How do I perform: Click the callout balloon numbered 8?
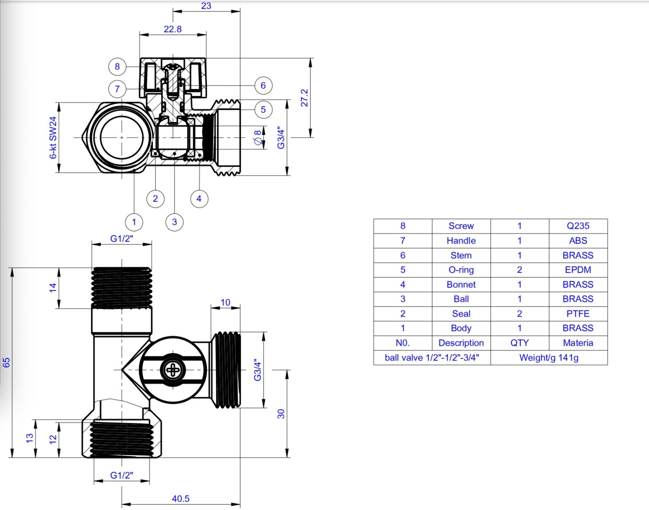point(117,66)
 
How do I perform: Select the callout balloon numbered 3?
point(175,222)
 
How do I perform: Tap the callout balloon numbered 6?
point(263,86)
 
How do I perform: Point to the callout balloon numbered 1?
point(134,222)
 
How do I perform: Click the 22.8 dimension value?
point(173,29)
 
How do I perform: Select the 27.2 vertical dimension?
point(305,98)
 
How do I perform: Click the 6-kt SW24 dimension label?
point(53,138)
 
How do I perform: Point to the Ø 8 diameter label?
point(257,138)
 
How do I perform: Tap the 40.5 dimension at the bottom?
point(180,499)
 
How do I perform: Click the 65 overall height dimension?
point(7,362)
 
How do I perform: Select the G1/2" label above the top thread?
point(122,239)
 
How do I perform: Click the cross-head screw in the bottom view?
point(173,370)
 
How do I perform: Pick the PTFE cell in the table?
point(578,314)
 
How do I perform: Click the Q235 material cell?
point(578,226)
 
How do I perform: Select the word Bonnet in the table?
point(461,285)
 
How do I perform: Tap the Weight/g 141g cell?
point(548,358)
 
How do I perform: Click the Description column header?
point(461,343)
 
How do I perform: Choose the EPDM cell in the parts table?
point(578,270)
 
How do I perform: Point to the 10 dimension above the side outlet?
point(225,302)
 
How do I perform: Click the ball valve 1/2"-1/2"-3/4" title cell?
point(432,358)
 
